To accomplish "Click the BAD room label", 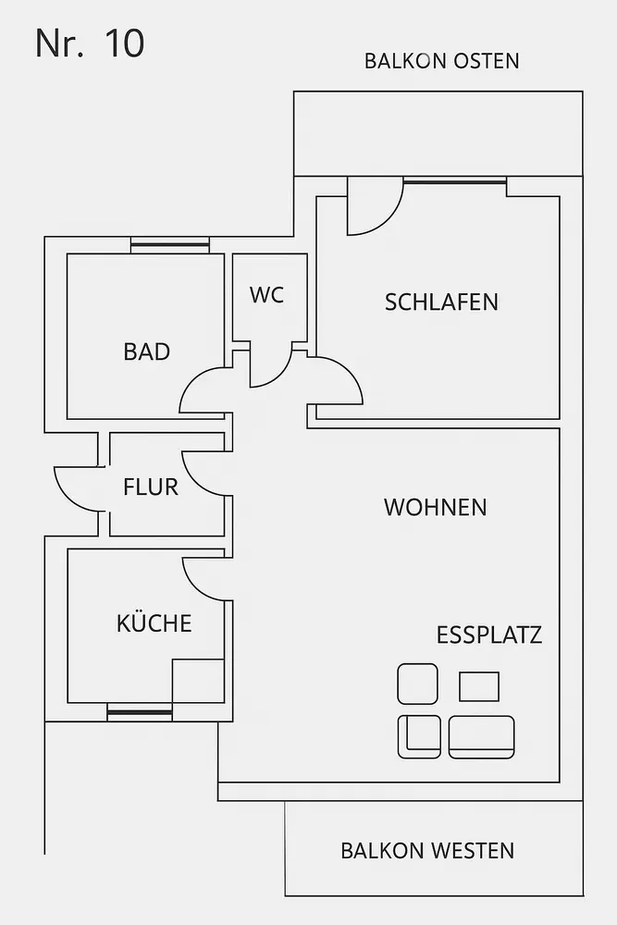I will [x=146, y=351].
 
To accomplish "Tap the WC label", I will [x=266, y=295].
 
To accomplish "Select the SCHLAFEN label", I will [x=441, y=302].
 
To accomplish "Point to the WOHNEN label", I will [x=435, y=507].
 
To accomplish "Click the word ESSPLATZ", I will [x=488, y=635].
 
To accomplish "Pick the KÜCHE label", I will [x=154, y=623].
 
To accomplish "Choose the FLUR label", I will [x=151, y=487].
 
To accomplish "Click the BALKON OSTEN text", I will [x=441, y=61].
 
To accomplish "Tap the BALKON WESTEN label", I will [x=427, y=850].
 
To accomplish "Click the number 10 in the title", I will [x=125, y=43].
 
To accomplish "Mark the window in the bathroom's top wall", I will [x=169, y=245].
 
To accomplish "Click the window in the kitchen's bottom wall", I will [x=140, y=711].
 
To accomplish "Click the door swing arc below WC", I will [x=270, y=370].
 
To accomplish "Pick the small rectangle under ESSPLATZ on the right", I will [x=479, y=686].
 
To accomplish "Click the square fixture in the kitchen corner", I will [x=198, y=681].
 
